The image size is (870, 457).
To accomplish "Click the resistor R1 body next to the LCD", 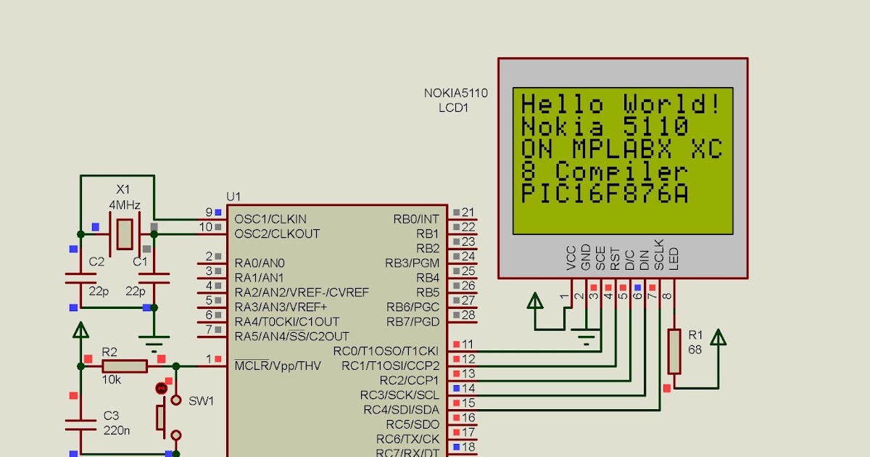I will click(x=674, y=351).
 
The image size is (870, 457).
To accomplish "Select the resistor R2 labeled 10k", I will click(x=125, y=366).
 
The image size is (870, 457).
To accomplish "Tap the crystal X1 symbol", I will click(x=125, y=234).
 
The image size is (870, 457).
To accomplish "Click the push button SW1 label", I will click(x=201, y=401).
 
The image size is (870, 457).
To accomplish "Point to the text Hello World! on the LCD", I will click(x=621, y=104).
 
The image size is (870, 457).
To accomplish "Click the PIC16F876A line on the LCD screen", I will click(x=605, y=194).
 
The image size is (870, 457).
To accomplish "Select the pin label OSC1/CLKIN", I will click(x=270, y=219).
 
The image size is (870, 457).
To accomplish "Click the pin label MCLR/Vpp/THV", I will click(x=277, y=365).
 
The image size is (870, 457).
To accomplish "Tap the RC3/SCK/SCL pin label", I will click(x=399, y=395).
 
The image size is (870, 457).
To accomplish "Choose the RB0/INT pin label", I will click(x=416, y=219).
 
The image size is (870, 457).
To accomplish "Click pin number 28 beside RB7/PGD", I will click(x=468, y=315).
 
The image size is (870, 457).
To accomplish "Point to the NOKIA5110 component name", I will click(x=455, y=94).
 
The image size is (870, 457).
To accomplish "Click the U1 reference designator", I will click(x=233, y=197).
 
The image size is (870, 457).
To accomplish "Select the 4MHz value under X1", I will click(x=125, y=205).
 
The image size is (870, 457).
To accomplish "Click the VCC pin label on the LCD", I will click(x=571, y=259).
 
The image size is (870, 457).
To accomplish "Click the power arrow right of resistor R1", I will click(x=718, y=338).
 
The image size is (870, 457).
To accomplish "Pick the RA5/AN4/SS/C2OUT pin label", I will click(x=291, y=337).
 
